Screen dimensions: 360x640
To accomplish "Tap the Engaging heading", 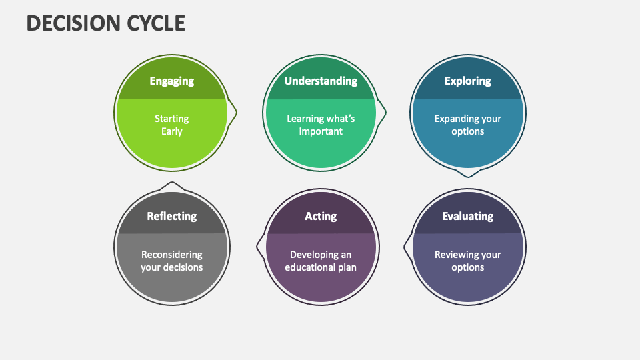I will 171,81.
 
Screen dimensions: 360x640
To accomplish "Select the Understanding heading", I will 321,81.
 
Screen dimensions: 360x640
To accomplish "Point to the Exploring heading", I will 468,81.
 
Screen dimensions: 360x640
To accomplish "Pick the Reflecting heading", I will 171,216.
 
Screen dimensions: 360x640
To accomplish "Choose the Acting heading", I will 321,216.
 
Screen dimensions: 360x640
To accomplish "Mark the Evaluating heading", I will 468,216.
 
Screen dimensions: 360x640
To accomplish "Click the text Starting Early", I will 171,125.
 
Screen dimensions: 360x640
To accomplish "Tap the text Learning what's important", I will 321,125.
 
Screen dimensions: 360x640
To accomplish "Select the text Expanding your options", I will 468,125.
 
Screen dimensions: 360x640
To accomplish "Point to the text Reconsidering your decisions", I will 171,261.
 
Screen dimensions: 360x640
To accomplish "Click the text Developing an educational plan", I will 321,261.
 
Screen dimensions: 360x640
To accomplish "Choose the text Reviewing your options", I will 468,261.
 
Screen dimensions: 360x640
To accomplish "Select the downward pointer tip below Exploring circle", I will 468,177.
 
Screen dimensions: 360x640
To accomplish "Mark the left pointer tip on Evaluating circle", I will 404,247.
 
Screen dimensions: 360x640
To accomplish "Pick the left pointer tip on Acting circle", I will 257,247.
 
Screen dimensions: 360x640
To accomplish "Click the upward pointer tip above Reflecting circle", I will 172,183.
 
